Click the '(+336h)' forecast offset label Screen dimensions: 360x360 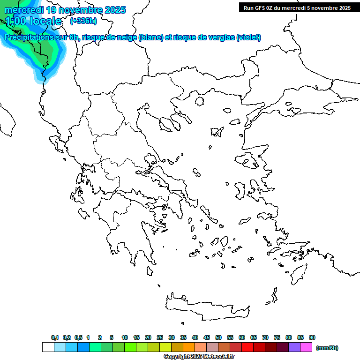tap(83, 21)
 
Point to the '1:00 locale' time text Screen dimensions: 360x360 tap(33, 21)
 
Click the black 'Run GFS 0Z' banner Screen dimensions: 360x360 tap(297, 7)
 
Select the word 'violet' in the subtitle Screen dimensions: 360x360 tap(248, 37)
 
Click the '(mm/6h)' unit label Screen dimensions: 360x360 tap(327, 348)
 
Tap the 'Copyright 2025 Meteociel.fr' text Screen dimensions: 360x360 tap(199, 357)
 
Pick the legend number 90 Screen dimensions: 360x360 tap(312, 337)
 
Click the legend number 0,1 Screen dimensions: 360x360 tap(54, 337)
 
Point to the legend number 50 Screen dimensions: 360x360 tap(218, 337)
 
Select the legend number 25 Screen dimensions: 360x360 tap(160, 337)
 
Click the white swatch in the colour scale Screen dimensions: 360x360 tap(48, 347)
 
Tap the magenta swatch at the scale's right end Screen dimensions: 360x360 tap(306, 347)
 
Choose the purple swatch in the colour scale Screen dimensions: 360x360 tap(294, 347)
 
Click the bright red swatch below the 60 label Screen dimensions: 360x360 tap(247, 347)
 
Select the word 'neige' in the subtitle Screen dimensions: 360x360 tap(126, 37)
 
